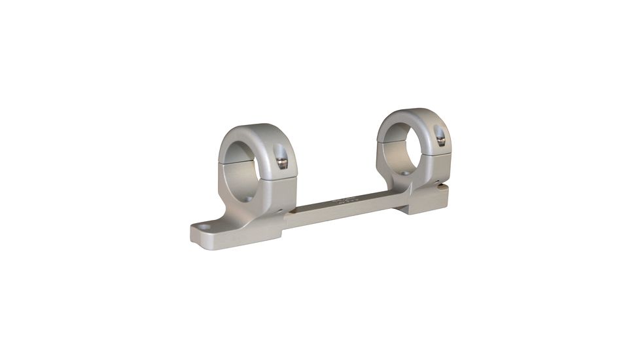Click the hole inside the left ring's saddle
pyautogui.click(x=247, y=197)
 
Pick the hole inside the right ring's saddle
pyautogui.click(x=404, y=173)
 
